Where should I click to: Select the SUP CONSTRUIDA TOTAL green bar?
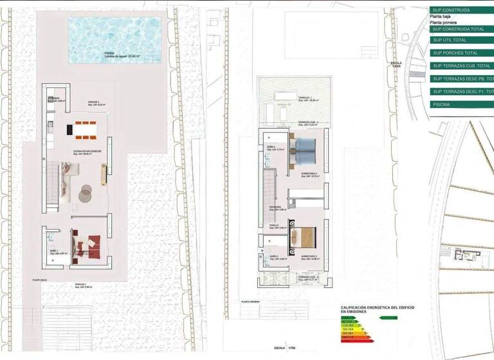pos(459,29)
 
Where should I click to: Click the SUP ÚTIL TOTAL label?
pos(450,40)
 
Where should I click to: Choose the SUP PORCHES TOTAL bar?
pos(459,53)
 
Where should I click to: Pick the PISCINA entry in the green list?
pos(459,104)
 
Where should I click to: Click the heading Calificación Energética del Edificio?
pos(378,309)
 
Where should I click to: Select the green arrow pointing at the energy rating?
pos(389,318)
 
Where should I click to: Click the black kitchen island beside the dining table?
pos(69,129)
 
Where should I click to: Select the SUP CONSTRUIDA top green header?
pos(459,10)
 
